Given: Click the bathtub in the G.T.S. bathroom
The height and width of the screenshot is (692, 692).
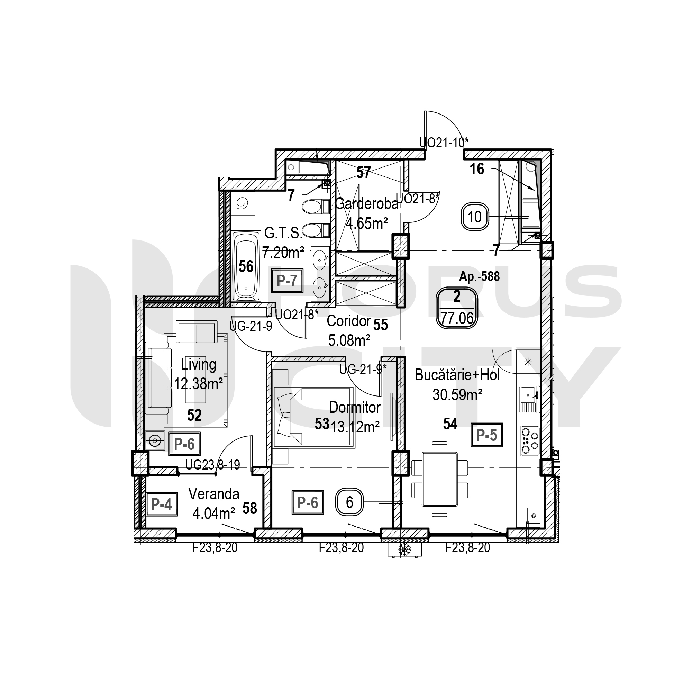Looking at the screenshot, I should (246, 265).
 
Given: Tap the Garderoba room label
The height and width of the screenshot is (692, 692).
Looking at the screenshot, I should (366, 204).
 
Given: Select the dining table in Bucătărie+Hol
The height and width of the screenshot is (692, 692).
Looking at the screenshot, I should (440, 479).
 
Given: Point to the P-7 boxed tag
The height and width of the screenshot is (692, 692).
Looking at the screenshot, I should (286, 281).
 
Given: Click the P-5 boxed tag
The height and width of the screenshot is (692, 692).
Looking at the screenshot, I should (486, 435).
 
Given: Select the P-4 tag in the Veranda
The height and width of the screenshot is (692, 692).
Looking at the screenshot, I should (162, 504).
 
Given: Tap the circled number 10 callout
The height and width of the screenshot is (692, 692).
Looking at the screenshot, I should (475, 217).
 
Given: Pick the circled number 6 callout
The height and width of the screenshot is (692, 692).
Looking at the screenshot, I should (349, 502).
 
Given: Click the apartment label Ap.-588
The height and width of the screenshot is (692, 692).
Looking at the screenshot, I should (479, 276).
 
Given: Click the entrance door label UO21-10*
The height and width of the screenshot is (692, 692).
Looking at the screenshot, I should (444, 143).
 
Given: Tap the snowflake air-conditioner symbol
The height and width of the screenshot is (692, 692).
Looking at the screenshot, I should (405, 549).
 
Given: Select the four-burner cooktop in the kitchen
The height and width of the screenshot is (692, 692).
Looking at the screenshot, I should (530, 441).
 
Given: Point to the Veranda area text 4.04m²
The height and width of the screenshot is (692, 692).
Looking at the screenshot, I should (213, 513).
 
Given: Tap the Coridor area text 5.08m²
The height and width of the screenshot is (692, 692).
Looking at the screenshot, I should (349, 340).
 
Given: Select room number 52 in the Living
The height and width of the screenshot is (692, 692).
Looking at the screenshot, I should (194, 415).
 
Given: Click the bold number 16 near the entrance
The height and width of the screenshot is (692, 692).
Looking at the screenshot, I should (477, 169).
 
